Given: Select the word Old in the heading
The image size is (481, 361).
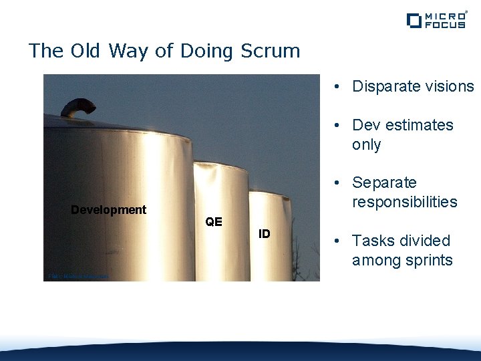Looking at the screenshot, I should (x=82, y=51).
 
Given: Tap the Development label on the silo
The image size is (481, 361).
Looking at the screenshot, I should (x=108, y=210).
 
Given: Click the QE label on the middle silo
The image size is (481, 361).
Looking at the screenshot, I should (x=214, y=221).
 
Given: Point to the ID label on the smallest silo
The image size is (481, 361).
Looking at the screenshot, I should (x=265, y=233).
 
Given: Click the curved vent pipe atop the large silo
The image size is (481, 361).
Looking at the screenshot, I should (x=77, y=106).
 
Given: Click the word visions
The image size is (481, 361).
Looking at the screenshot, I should (x=448, y=86).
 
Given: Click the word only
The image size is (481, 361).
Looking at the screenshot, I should (x=366, y=144).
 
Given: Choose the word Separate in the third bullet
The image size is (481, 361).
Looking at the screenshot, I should (x=384, y=183).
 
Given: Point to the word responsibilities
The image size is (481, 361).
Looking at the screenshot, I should (x=404, y=202).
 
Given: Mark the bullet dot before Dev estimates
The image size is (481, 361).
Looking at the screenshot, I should (x=339, y=126).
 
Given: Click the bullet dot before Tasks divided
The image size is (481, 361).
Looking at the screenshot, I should (x=339, y=241).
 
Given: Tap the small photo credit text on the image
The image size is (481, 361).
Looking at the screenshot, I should (x=78, y=276).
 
